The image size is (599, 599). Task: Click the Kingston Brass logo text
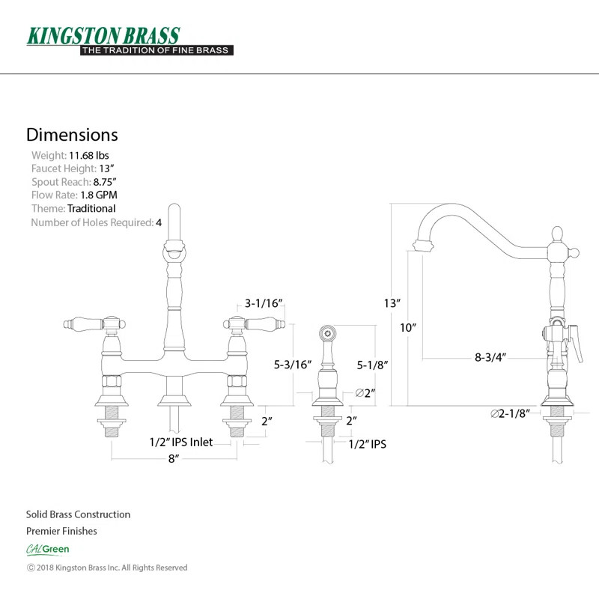point(103,36)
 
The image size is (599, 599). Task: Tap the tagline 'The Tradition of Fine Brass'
point(156,50)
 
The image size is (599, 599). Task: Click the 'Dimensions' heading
point(72,135)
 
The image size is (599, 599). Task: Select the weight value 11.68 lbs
point(88,156)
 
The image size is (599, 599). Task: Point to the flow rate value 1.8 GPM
point(99,195)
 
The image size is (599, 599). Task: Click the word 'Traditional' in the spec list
point(91,209)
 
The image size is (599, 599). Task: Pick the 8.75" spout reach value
point(105,182)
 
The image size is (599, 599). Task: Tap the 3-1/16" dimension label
point(264,303)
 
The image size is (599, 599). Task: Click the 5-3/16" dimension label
point(293,365)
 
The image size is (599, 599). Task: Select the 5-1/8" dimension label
point(372,365)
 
